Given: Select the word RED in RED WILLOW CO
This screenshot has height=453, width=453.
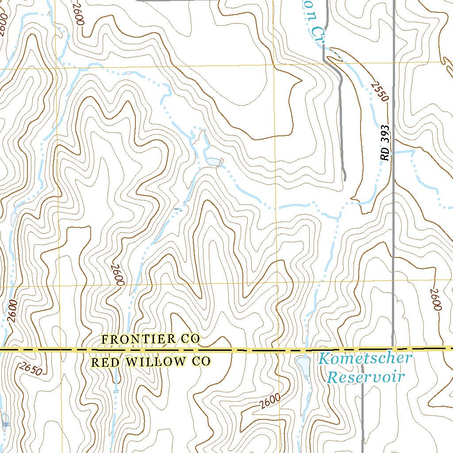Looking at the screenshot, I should tap(106, 362).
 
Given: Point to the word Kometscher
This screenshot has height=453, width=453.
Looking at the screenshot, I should tap(365, 358).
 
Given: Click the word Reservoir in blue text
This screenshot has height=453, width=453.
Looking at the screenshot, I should tap(366, 377).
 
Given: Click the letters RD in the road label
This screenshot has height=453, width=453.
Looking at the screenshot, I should tap(386, 154).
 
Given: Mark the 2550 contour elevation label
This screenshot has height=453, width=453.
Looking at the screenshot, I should tap(380, 91).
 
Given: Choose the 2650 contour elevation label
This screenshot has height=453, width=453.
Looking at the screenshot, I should tap(31, 369).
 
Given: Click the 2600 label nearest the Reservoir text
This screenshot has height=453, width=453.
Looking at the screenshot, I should tap(270, 400).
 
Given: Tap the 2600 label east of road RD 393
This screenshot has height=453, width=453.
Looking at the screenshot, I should tap(435, 299).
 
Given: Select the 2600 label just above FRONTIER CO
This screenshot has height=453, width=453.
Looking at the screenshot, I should tap(117, 275).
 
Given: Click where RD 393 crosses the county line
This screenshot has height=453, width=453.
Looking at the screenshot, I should tap(393, 349).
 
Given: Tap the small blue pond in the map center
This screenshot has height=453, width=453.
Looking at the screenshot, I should tap(213, 162).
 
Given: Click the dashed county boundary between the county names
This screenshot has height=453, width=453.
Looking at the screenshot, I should tap(150, 350).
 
